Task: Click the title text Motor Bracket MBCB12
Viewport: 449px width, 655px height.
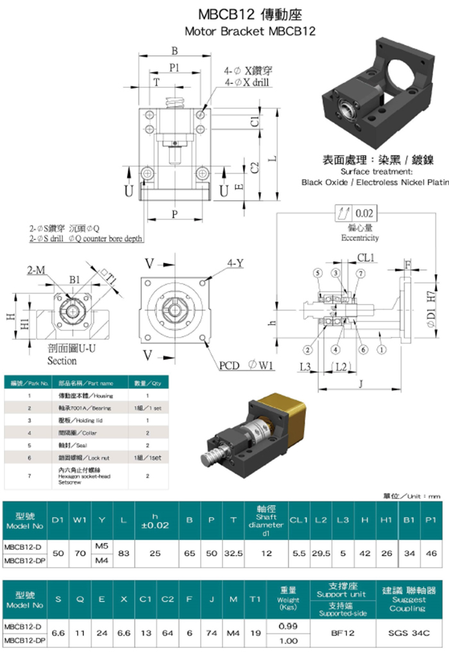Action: pyautogui.click(x=250, y=31)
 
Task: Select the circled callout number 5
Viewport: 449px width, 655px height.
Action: pyautogui.click(x=317, y=273)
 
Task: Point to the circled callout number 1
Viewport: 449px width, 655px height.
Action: pyautogui.click(x=382, y=350)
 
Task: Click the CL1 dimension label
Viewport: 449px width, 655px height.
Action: pyautogui.click(x=366, y=258)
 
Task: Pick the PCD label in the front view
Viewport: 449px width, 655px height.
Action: pyautogui.click(x=228, y=366)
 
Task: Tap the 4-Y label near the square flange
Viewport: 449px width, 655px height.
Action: pyautogui.click(x=235, y=263)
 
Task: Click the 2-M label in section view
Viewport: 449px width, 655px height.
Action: pyautogui.click(x=36, y=271)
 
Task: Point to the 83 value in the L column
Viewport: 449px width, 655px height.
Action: pyautogui.click(x=124, y=552)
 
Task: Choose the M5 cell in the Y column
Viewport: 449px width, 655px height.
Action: pyautogui.click(x=101, y=545)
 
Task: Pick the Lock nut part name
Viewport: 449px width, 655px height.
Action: pyautogui.click(x=88, y=458)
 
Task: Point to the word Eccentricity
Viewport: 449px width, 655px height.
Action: pyautogui.click(x=359, y=238)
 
